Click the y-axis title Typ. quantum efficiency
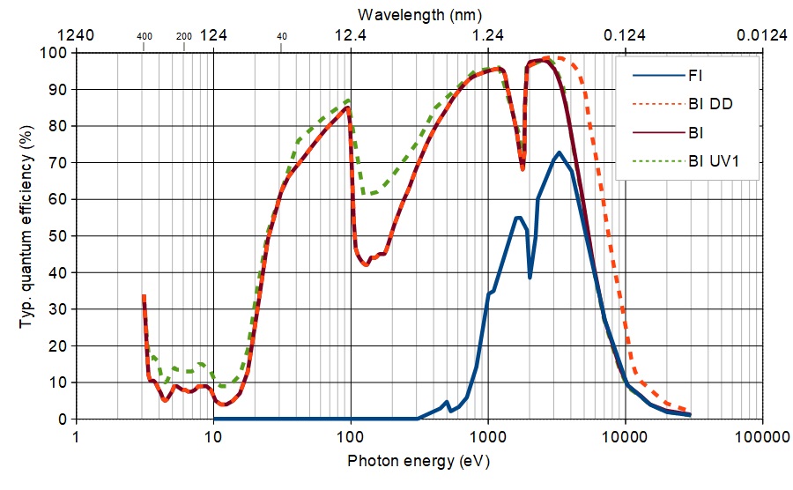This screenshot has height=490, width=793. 26,234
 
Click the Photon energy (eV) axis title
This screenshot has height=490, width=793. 419,461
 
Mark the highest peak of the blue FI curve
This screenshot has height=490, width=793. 559,152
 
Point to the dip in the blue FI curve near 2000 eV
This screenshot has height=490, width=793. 530,277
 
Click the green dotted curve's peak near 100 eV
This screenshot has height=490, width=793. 349,100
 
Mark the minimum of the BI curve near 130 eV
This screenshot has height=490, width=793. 366,264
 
